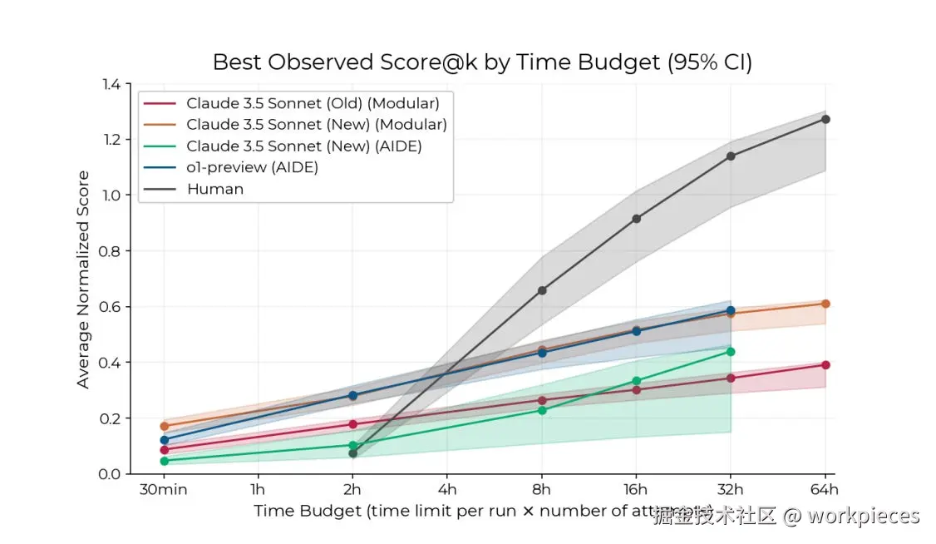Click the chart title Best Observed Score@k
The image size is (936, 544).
(x=482, y=62)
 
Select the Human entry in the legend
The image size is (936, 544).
(x=214, y=189)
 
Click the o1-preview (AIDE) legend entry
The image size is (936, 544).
(x=252, y=167)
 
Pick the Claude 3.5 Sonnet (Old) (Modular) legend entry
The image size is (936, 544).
(x=313, y=103)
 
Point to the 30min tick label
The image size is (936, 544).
(x=163, y=489)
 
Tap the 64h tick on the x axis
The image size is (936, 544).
(x=825, y=489)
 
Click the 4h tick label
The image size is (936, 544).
(x=447, y=489)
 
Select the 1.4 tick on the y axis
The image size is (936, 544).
(x=111, y=84)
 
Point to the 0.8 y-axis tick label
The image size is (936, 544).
(x=111, y=251)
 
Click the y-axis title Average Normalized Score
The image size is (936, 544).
(x=83, y=279)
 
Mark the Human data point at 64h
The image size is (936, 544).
(x=825, y=119)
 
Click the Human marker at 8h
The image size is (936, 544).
(x=542, y=290)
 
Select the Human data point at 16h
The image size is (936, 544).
(x=637, y=219)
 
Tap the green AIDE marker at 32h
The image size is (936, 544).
(x=731, y=352)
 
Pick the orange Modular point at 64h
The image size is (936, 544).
(x=825, y=304)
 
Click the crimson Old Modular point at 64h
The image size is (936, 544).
(x=825, y=365)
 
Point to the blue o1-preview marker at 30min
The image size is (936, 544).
(x=164, y=440)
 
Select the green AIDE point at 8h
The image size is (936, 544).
(x=542, y=410)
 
